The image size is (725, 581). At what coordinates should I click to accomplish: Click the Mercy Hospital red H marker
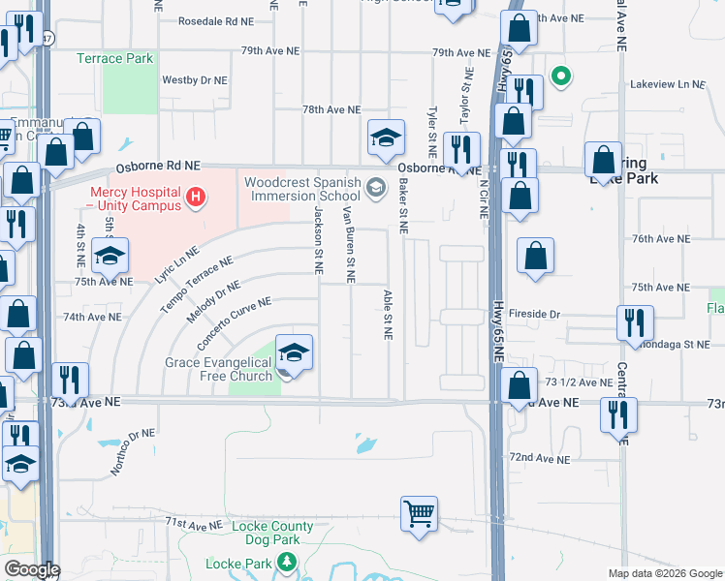tap(197, 199)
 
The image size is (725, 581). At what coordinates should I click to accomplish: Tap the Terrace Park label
tap(115, 58)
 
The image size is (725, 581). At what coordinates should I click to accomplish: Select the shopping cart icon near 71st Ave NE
tap(419, 513)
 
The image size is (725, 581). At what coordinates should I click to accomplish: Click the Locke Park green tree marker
tap(286, 562)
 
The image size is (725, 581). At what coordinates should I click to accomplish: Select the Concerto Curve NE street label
tap(234, 323)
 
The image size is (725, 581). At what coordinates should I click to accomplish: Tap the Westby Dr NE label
tap(195, 80)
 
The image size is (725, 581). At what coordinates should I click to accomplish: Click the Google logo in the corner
tap(32, 569)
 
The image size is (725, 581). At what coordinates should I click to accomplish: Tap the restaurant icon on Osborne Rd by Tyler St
tap(460, 149)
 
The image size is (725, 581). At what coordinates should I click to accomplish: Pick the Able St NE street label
tap(388, 315)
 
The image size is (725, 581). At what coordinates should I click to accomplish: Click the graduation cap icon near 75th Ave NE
tap(110, 257)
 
